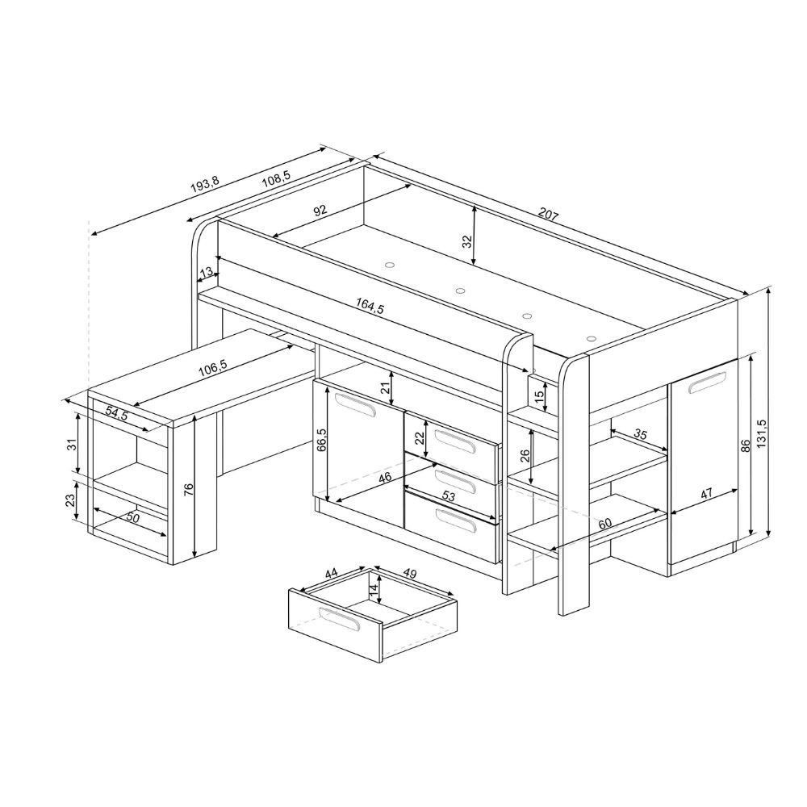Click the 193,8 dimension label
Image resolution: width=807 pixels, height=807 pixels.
point(205,184)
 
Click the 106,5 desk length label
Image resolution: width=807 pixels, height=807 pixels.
point(212,366)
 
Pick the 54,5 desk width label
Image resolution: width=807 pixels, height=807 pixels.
point(117,412)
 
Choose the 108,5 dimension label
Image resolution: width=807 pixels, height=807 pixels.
point(276,178)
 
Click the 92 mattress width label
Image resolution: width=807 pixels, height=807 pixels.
point(320,210)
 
